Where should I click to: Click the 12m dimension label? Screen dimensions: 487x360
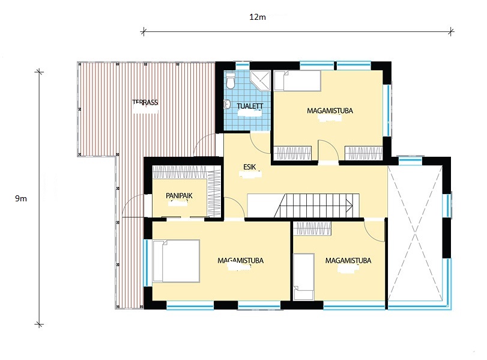(x=258, y=17)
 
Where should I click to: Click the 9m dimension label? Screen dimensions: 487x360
(x=21, y=199)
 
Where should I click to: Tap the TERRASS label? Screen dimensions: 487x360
(x=145, y=102)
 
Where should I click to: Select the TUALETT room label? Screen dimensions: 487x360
(x=250, y=106)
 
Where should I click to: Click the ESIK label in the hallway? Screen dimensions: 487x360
(x=249, y=167)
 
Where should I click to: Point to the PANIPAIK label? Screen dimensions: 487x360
(x=179, y=195)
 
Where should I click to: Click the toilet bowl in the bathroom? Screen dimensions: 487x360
(x=231, y=81)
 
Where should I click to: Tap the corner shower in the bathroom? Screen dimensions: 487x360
(x=260, y=81)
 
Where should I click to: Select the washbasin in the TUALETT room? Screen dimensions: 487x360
(x=228, y=104)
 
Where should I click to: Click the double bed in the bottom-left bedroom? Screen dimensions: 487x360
(x=176, y=261)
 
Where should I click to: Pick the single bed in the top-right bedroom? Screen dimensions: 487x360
(x=297, y=81)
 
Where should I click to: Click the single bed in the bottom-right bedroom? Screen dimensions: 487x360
(x=304, y=276)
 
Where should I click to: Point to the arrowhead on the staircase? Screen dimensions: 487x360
(x=349, y=206)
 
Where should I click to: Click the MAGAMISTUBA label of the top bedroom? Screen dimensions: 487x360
(x=330, y=111)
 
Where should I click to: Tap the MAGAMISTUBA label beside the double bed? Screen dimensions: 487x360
(x=240, y=260)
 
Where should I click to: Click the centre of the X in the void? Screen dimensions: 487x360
(x=415, y=234)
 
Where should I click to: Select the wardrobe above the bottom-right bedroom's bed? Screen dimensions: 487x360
(x=312, y=228)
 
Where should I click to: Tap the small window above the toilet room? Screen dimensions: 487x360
(x=243, y=66)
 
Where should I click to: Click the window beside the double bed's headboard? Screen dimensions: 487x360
(x=145, y=263)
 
